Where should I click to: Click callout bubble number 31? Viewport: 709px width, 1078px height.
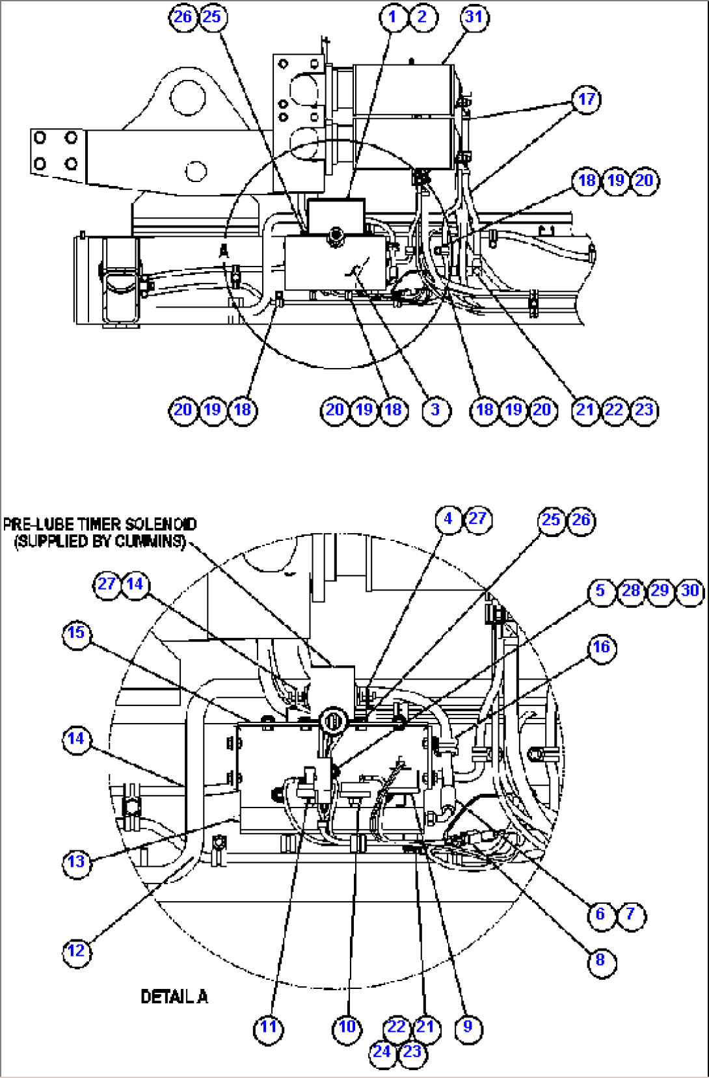click(x=474, y=17)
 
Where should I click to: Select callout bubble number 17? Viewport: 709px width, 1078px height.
click(x=586, y=99)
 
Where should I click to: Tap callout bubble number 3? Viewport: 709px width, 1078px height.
click(x=435, y=410)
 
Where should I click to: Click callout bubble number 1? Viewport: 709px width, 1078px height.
click(x=392, y=16)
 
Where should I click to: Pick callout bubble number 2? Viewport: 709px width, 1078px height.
click(x=422, y=16)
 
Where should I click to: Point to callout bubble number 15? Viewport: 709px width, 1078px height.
click(x=76, y=633)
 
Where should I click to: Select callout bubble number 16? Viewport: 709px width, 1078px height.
click(x=601, y=648)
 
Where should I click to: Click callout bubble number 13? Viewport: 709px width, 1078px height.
click(x=76, y=863)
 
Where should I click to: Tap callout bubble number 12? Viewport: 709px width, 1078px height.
click(x=76, y=952)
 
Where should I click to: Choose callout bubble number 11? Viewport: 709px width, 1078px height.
click(x=268, y=1028)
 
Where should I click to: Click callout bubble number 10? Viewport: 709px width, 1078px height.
click(x=347, y=1028)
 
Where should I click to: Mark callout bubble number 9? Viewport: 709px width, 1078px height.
click(x=468, y=1028)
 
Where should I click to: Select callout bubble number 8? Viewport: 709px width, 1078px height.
click(x=600, y=960)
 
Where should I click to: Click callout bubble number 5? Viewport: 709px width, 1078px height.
click(x=600, y=592)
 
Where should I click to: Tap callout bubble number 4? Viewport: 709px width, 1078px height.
click(x=448, y=519)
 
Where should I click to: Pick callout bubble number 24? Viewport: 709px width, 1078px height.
click(x=382, y=1052)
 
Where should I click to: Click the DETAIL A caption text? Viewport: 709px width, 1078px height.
click(x=174, y=997)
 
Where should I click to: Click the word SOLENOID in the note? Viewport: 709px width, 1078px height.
click(x=161, y=524)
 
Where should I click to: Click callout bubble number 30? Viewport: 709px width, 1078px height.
click(x=689, y=592)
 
